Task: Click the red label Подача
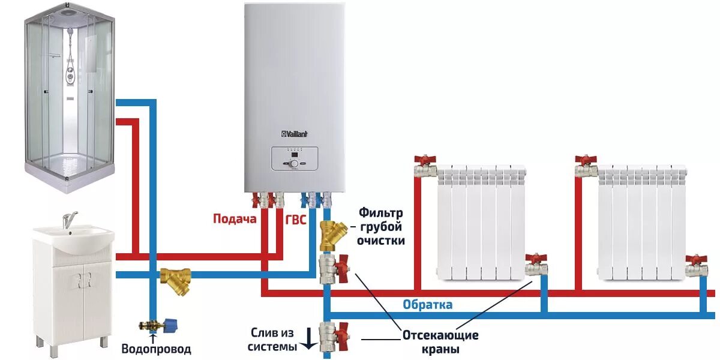click(235, 219)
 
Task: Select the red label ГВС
click(295, 220)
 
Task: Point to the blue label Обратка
click(427, 305)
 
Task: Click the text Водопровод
click(156, 349)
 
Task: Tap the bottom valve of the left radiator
click(536, 265)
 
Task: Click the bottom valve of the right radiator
click(696, 265)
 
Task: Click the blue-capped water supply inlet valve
click(155, 326)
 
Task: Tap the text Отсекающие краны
click(440, 342)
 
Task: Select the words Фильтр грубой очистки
click(382, 227)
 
